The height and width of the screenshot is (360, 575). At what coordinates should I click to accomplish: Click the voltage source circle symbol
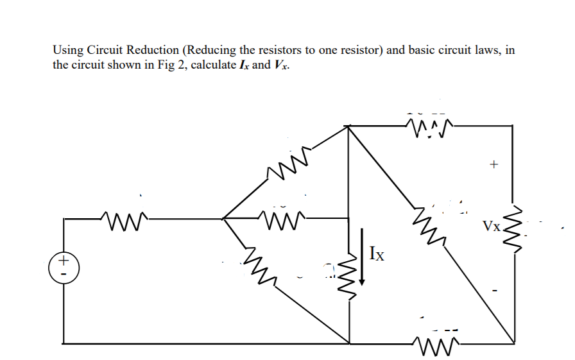63,266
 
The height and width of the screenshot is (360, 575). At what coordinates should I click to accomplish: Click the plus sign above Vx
493,165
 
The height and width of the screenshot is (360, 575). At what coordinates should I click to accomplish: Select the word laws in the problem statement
487,50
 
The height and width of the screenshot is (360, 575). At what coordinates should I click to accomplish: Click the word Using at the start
67,50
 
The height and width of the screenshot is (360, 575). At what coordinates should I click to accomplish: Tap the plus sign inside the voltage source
63,261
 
